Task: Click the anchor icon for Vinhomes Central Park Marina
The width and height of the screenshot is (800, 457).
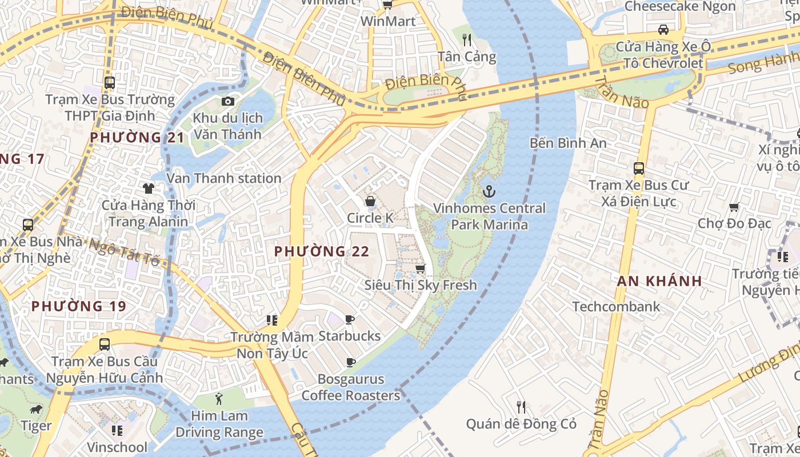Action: (x=489, y=191)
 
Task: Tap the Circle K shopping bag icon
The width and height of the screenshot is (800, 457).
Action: (x=370, y=201)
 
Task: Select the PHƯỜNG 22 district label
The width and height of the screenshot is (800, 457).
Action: (x=322, y=251)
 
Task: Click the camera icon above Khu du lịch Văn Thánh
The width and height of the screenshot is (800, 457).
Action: (x=228, y=101)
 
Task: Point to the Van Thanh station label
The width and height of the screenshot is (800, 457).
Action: (x=224, y=178)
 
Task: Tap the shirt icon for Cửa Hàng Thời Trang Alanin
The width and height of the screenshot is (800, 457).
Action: (x=149, y=188)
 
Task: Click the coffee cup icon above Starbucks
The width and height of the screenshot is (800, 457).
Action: (x=350, y=319)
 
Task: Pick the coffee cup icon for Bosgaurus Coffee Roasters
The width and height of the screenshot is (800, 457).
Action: (x=351, y=362)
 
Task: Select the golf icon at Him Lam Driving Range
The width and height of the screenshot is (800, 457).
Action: (x=219, y=398)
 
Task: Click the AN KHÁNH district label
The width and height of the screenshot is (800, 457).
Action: (x=659, y=281)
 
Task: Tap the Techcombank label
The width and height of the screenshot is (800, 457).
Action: (x=616, y=307)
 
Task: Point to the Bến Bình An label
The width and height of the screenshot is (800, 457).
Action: (x=568, y=143)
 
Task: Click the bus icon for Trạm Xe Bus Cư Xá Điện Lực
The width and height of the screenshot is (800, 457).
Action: (x=639, y=169)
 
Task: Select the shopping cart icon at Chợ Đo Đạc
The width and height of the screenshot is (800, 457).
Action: (x=734, y=207)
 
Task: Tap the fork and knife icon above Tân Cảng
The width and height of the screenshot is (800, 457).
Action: (x=467, y=39)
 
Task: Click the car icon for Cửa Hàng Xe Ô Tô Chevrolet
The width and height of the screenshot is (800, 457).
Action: (x=663, y=29)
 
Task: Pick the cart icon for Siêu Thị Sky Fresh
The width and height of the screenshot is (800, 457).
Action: (x=421, y=268)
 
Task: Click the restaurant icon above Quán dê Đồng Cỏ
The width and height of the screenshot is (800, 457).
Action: (x=521, y=407)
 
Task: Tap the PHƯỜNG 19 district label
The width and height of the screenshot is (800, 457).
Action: (x=78, y=306)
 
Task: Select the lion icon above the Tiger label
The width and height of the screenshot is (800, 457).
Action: (x=36, y=410)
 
